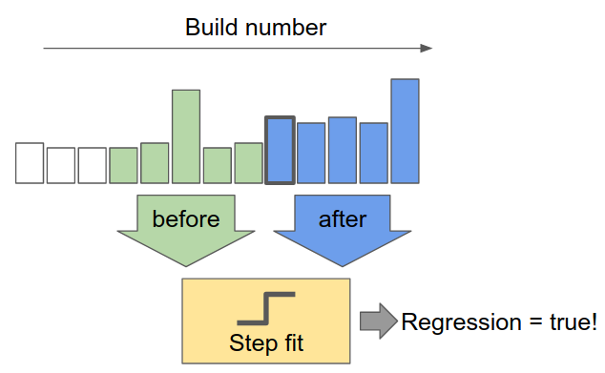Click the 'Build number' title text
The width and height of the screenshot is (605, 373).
255,27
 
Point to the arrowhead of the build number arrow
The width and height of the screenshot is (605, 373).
427,48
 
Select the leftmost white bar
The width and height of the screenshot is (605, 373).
30,162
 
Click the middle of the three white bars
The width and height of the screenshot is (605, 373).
61,165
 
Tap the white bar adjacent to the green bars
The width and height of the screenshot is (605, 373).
93,165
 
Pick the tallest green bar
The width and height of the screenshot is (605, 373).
185,135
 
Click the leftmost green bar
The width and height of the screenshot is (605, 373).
123,165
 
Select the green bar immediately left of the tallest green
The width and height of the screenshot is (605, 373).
155,162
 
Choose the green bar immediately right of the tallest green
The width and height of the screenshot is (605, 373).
217,165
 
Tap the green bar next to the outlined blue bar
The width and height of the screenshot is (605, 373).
248,162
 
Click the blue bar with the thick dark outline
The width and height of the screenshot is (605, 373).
280,150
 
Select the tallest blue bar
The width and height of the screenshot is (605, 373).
405,131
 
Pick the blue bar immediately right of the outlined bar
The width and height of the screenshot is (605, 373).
311,153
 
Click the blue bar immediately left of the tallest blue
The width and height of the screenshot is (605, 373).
373,153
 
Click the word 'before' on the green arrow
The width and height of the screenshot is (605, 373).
185,218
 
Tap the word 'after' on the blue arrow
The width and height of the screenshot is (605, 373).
343,218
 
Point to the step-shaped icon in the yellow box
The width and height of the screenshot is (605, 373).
265,308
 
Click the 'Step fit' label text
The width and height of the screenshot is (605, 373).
265,342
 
